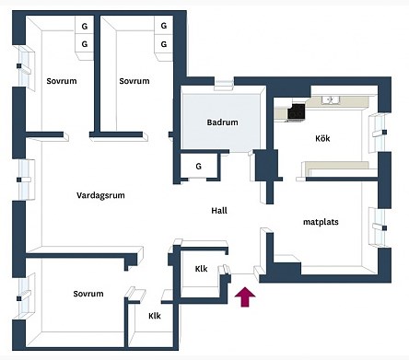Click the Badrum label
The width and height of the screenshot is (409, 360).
(222, 122)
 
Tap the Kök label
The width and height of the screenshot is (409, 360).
(322, 138)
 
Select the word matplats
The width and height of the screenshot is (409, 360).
(321, 222)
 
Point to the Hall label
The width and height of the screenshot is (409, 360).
(219, 211)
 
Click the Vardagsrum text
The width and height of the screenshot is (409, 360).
(100, 195)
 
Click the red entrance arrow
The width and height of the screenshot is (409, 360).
(245, 296)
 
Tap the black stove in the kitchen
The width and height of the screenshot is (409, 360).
(297, 111)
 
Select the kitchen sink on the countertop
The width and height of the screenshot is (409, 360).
(331, 99)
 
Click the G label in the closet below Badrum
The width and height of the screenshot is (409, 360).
(199, 167)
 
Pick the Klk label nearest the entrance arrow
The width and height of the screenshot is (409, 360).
(201, 269)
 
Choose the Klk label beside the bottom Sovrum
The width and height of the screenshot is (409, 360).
(155, 316)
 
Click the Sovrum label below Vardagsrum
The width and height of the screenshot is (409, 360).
(88, 294)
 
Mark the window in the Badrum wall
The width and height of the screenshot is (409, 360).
(224, 84)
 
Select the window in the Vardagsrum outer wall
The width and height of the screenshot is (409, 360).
(25, 180)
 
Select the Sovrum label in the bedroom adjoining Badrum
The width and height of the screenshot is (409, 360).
(134, 81)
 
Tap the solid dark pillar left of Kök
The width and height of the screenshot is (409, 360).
(266, 165)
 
